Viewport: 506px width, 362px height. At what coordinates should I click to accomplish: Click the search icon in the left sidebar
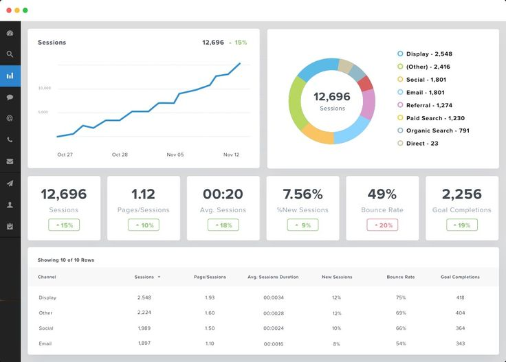coord(10,54)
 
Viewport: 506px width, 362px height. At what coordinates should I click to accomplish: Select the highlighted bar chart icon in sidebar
coord(10,76)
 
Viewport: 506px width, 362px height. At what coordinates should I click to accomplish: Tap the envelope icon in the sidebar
coord(10,161)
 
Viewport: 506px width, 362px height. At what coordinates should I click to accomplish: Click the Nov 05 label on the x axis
coord(175,155)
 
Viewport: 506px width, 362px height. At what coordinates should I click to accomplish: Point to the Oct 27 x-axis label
coord(65,155)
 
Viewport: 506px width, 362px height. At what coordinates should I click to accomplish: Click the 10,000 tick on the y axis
coord(45,88)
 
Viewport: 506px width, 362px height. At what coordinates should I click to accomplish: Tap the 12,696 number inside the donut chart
coord(332,97)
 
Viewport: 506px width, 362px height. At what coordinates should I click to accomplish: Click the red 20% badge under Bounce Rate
coord(382,225)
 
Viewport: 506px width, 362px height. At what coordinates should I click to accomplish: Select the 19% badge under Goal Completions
coord(462,225)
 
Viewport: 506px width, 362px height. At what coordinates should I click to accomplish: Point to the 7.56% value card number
coord(302,194)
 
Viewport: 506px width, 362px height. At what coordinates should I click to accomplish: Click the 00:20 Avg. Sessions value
coord(223,194)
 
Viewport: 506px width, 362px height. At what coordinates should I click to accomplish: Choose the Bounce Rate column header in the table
coord(400,277)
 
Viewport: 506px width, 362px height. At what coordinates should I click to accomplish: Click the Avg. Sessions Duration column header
coord(273,277)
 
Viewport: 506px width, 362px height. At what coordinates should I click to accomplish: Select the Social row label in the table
coord(46,328)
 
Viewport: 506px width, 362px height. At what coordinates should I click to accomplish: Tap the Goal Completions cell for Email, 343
coord(460,343)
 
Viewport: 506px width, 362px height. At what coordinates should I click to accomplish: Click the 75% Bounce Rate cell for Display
coord(400,297)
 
